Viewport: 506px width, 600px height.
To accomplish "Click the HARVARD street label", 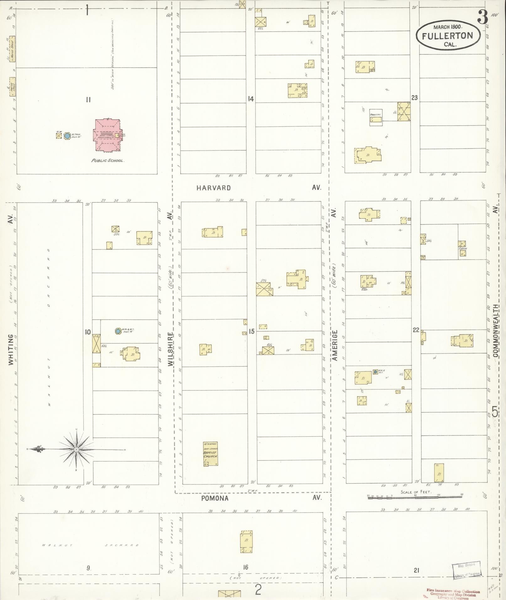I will pos(214,188).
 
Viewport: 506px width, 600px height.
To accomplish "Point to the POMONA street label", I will pos(215,498).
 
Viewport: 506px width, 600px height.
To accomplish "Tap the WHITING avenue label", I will pos(11,349).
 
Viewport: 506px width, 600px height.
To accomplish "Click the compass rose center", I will pos(76,449).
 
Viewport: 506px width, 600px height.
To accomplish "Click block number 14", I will pos(250,99).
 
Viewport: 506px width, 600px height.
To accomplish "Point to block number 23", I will pos(414,98).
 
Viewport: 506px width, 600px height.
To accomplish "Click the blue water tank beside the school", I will pos(67,136).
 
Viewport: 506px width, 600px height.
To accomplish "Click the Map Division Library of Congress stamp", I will pos(467,571).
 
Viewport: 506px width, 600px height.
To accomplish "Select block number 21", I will pos(416,570).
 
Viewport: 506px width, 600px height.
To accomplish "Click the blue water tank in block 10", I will pos(118,331).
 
